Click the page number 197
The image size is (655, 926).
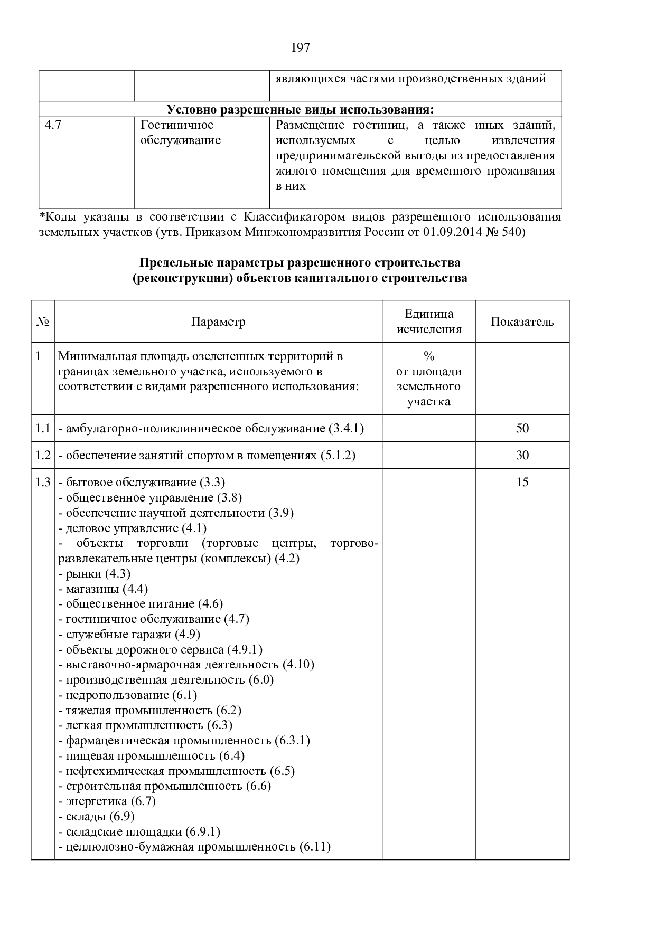coord(301,48)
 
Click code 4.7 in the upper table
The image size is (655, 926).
coord(53,125)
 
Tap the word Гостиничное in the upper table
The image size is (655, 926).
coord(177,125)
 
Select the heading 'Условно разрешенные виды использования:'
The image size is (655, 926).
coord(300,109)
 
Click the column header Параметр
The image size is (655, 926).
coord(218,322)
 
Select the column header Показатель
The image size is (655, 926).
coord(522,322)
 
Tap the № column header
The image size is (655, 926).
coord(43,322)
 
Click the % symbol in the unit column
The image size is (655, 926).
coord(429,356)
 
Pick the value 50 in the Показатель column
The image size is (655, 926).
coord(522,428)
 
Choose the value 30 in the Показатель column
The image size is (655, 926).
coord(522,455)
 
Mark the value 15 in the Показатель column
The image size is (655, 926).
coord(522,482)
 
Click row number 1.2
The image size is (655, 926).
coord(43,455)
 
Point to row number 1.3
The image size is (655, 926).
coord(43,482)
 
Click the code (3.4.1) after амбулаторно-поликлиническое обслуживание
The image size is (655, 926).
coord(346,428)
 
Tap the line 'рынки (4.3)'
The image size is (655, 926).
coord(95,573)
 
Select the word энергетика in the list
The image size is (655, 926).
coord(97,801)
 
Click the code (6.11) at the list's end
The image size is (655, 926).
coord(315,847)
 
